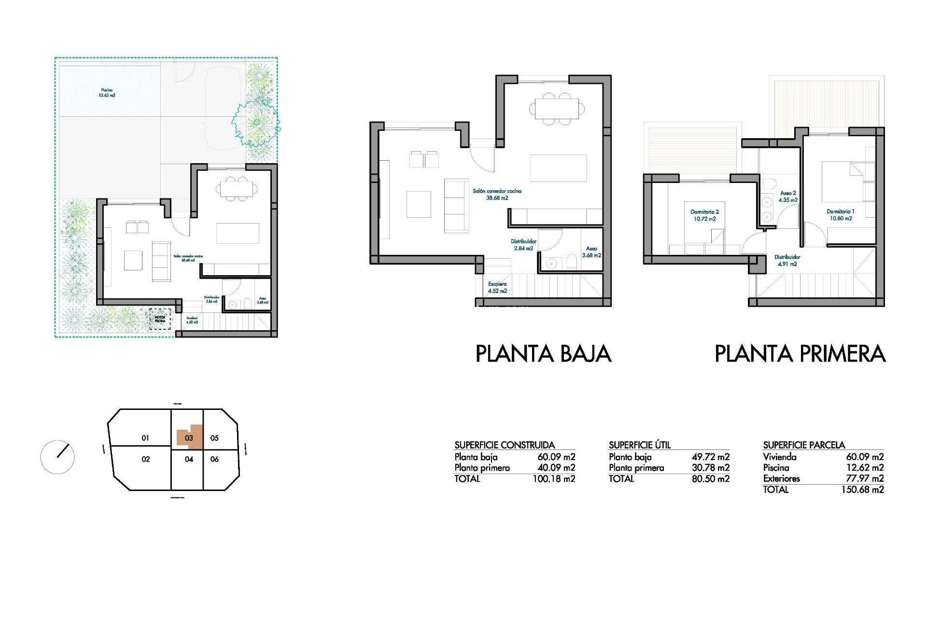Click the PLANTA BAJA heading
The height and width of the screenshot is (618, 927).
pos(543,354)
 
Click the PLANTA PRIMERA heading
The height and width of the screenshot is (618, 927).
pos(800,354)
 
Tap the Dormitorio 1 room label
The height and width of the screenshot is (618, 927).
pos(840,215)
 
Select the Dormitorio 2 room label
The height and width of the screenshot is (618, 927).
pos(704,215)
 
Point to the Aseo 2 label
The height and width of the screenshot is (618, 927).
pos(787,196)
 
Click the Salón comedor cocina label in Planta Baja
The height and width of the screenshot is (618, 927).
pos(497,194)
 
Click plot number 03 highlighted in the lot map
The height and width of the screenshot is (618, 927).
pos(189,438)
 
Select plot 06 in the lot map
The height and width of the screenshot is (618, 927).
pos(215,459)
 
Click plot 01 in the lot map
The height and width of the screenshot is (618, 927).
pos(145,438)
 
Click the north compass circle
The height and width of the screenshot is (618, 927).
pos(57,457)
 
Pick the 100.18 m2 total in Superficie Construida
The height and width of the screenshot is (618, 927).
pos(554,479)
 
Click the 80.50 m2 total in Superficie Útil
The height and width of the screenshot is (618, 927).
pos(710,479)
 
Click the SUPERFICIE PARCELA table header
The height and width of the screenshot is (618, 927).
pos(804,445)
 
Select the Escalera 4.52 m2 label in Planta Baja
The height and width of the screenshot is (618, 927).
pos(497,287)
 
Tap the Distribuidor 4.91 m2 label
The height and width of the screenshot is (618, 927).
pos(787,260)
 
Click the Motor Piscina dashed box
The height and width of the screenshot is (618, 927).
pos(160,319)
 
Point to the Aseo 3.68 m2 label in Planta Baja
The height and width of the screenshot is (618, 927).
pos(591,252)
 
